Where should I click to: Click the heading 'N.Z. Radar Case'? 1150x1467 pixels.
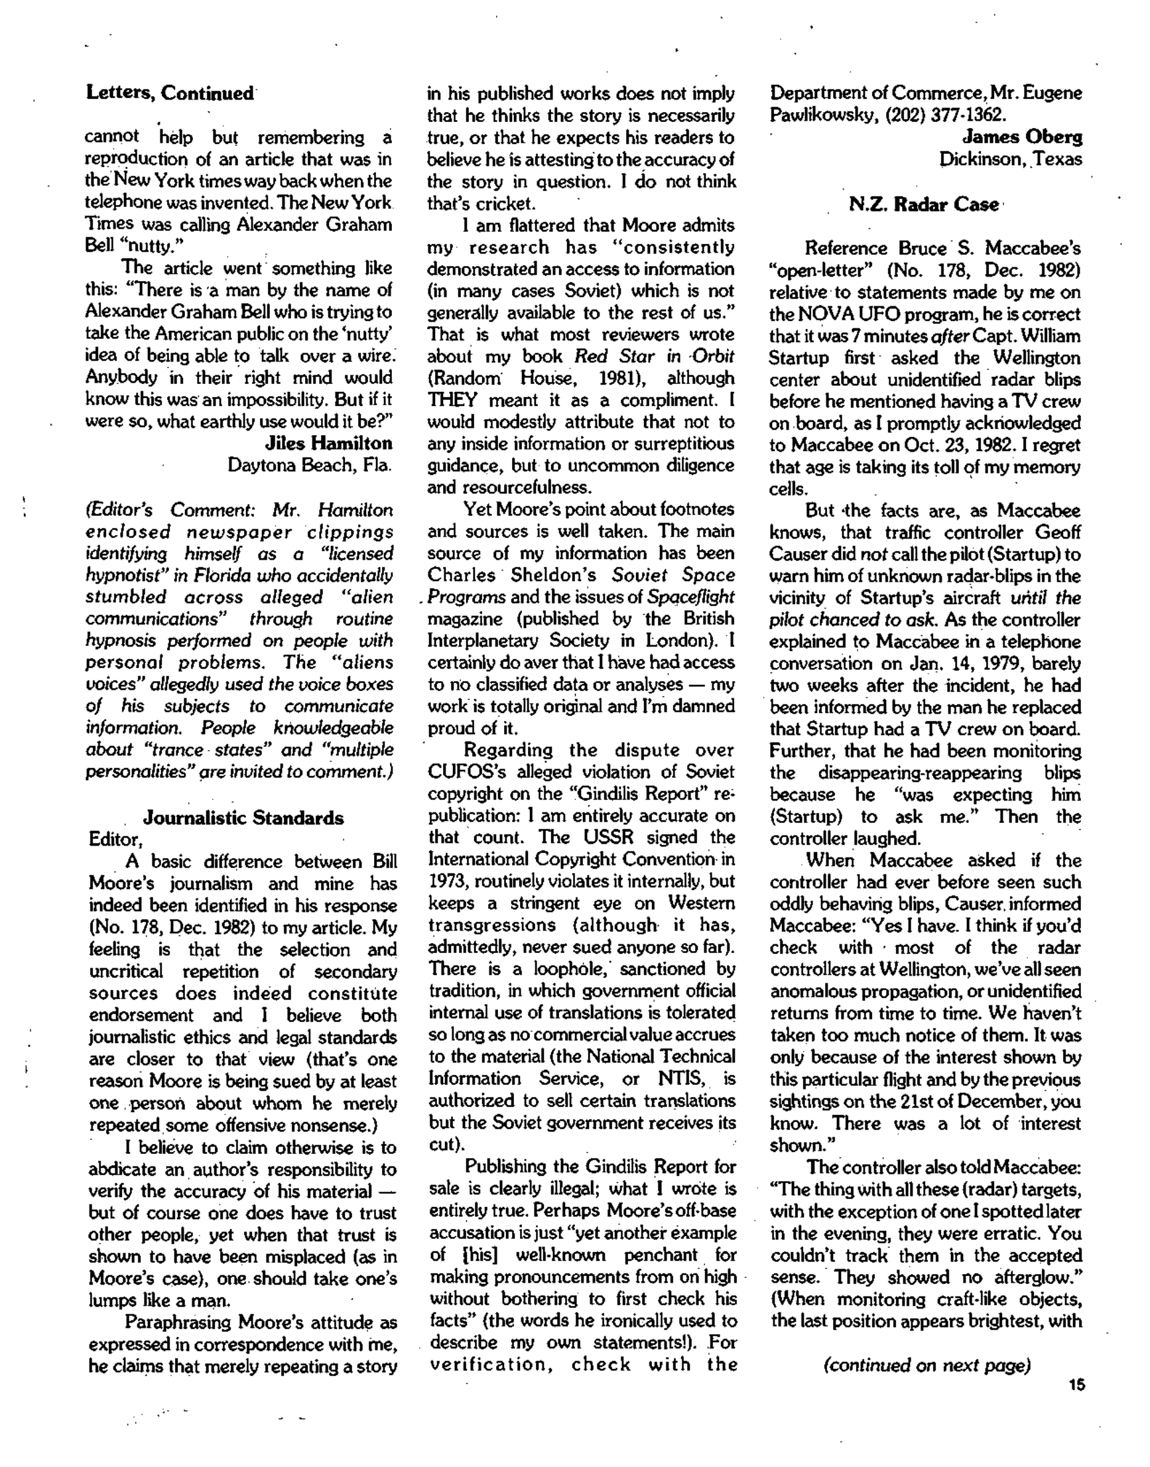point(924,205)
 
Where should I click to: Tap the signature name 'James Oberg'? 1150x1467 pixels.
point(1022,137)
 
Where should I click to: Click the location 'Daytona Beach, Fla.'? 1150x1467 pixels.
point(310,465)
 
